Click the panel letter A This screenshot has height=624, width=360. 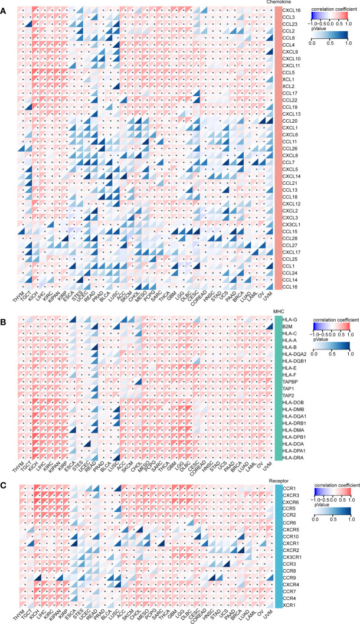click(4, 6)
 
